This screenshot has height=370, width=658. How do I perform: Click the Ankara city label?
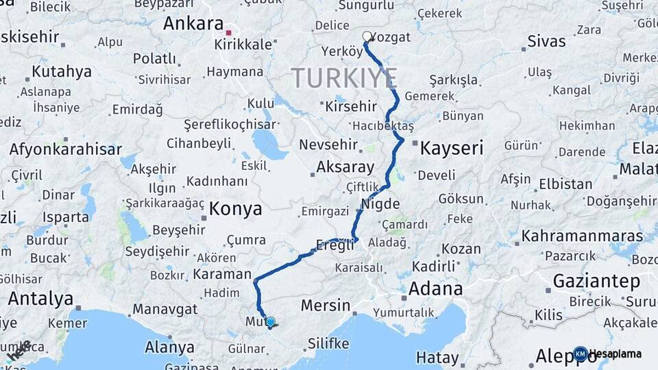point(193,23)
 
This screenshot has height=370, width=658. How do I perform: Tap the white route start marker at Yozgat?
point(367,36)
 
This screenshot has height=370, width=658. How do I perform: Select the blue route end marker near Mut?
point(270,321)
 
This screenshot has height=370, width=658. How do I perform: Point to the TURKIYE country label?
point(344,78)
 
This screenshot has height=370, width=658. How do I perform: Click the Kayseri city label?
point(452,147)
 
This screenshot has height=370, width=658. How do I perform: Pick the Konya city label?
point(235,209)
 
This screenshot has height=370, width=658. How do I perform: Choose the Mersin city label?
point(326,306)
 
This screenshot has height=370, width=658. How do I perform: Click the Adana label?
point(435,288)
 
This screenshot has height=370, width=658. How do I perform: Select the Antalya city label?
point(40,299)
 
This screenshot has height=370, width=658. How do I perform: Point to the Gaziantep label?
point(596,281)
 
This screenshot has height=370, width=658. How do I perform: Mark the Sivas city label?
point(547,41)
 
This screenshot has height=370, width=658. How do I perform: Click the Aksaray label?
point(345,167)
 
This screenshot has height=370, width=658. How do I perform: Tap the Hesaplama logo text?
point(618,354)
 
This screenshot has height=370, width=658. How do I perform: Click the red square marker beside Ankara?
point(229,32)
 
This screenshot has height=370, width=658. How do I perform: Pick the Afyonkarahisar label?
point(66,149)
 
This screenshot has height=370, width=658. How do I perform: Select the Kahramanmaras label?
point(582,236)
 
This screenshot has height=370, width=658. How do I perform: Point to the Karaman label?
point(222,274)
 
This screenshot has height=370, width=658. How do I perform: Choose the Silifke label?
point(328,343)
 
